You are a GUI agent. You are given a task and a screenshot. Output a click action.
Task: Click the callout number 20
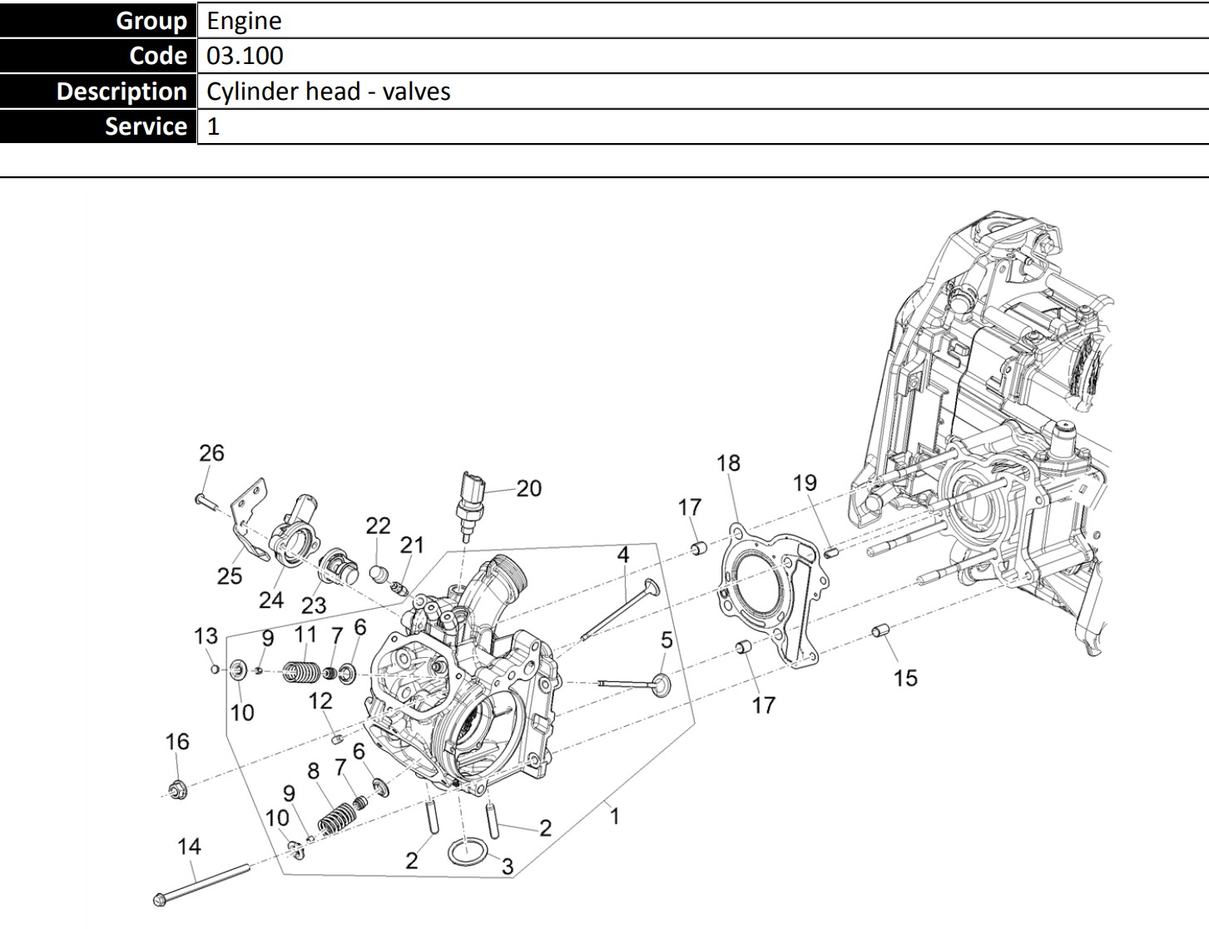tap(528, 488)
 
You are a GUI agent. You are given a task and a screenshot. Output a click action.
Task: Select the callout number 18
tap(728, 463)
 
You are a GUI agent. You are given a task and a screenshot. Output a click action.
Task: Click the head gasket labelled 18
tap(766, 595)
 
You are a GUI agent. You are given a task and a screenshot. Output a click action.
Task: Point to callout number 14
tap(189, 847)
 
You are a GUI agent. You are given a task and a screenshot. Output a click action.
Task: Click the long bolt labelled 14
tap(204, 884)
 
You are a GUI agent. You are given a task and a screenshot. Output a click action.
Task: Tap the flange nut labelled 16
tap(177, 788)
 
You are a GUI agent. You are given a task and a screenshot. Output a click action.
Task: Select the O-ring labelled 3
tap(468, 852)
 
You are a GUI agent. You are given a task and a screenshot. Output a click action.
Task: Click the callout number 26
tap(211, 453)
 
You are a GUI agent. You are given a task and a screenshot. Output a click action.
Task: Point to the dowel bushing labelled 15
tap(881, 632)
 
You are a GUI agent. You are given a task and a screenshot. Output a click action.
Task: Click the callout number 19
tap(805, 483)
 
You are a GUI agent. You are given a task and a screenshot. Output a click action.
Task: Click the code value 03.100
tap(245, 56)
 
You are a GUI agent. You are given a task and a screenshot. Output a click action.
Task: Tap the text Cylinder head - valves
tap(329, 91)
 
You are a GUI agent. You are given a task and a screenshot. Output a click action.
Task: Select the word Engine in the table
tap(244, 20)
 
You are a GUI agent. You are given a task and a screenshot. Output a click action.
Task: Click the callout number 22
tap(378, 526)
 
